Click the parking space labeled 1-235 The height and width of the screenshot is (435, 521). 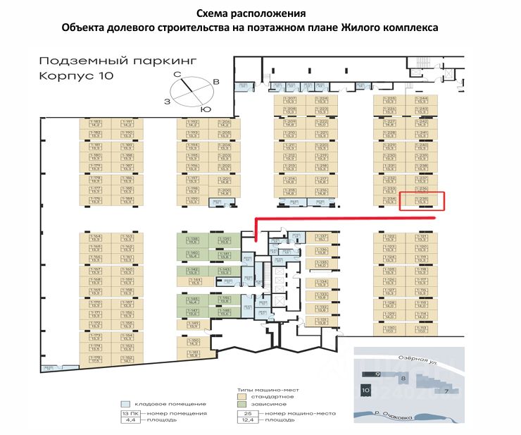point(422,201)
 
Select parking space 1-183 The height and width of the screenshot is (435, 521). point(96,123)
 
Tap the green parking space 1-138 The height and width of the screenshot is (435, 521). point(192,240)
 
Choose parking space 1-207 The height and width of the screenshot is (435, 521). point(290,99)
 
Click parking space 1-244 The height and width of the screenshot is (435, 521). point(422,99)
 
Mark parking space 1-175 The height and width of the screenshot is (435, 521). point(96,200)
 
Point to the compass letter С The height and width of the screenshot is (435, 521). point(178,73)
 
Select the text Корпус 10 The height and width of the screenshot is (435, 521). point(71,75)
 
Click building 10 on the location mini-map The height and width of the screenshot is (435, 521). point(365,389)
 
